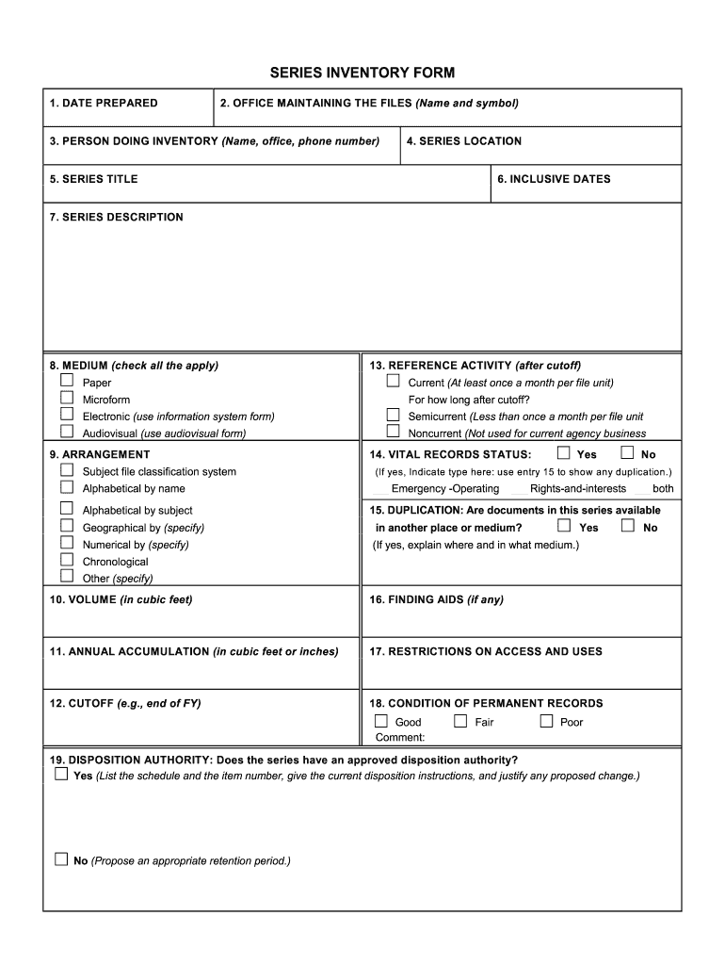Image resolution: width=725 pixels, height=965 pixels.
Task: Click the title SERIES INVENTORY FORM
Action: [362, 73]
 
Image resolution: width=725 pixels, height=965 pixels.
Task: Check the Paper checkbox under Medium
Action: [67, 381]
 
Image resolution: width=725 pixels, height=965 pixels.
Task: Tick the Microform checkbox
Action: [67, 398]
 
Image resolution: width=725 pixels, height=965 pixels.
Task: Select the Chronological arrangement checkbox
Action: [67, 560]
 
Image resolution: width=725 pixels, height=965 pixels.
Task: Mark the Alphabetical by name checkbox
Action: [67, 487]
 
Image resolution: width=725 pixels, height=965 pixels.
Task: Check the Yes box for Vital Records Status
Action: [564, 452]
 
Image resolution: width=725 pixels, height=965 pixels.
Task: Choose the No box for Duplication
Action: [628, 526]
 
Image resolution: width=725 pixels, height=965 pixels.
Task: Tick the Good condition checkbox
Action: [381, 721]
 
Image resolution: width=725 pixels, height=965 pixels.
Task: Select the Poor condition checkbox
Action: [546, 721]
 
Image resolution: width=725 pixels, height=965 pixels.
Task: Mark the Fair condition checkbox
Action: [460, 721]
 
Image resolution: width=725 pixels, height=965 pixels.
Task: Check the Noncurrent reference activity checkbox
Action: [393, 432]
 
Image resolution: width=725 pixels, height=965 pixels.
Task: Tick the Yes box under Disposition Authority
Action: [61, 775]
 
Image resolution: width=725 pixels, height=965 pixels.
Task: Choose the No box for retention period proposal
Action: [61, 859]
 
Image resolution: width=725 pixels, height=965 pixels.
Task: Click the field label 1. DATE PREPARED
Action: [104, 104]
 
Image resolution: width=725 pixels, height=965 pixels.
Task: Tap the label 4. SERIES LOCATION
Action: [463, 141]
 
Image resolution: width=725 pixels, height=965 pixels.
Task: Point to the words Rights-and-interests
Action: [577, 489]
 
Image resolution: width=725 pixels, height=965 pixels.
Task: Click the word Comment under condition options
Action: [400, 738]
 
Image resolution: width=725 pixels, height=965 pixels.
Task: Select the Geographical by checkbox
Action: [67, 526]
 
